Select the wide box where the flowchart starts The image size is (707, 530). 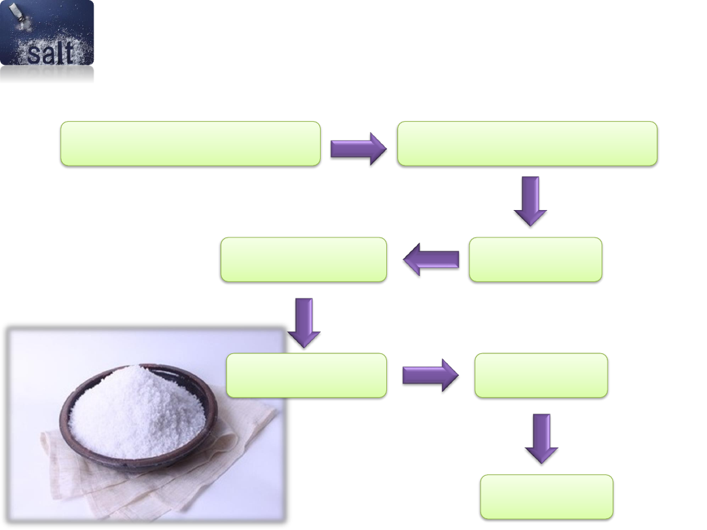pos(190,143)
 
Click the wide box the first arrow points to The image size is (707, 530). pos(527,143)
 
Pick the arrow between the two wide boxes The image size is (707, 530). pos(358,149)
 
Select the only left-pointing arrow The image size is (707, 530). pos(431,262)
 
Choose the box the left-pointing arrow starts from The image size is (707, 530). pos(535,260)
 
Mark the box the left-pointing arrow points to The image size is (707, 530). pos(303,260)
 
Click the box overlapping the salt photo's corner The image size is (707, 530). pos(306,376)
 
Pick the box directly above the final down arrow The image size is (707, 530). pos(541,376)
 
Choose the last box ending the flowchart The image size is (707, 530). pos(547,497)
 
